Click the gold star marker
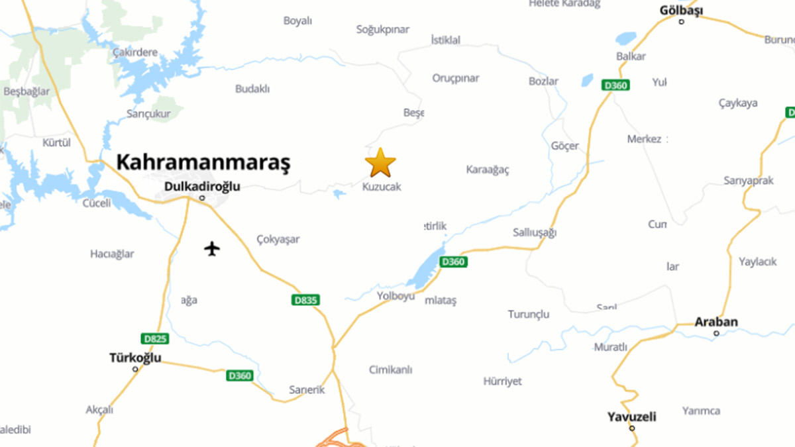tap(380, 163)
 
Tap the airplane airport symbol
tap(212, 249)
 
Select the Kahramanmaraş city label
tap(203, 162)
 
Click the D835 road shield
tap(305, 300)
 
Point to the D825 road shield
tap(155, 339)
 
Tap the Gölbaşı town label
tap(681, 11)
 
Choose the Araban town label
tap(715, 323)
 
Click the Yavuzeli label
tap(631, 417)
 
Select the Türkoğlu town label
tap(135, 358)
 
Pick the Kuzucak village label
tap(382, 187)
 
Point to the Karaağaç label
tap(488, 170)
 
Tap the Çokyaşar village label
tap(278, 239)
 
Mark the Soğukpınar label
tap(383, 29)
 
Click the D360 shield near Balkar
tap(616, 85)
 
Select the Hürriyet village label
tap(502, 381)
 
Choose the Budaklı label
tap(252, 89)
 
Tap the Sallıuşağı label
tap(535, 232)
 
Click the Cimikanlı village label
tap(391, 370)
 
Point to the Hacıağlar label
tap(112, 254)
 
